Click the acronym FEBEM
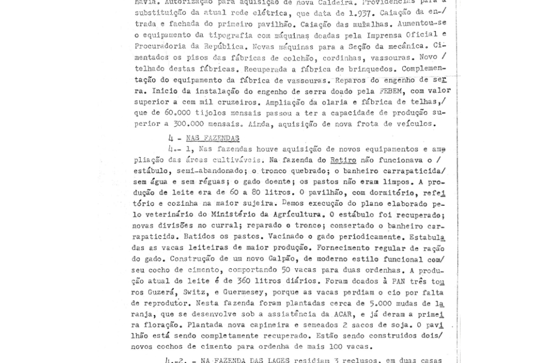pyautogui.click(x=391, y=91)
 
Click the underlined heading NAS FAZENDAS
pyautogui.click(x=213, y=139)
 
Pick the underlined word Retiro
pyautogui.click(x=343, y=161)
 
